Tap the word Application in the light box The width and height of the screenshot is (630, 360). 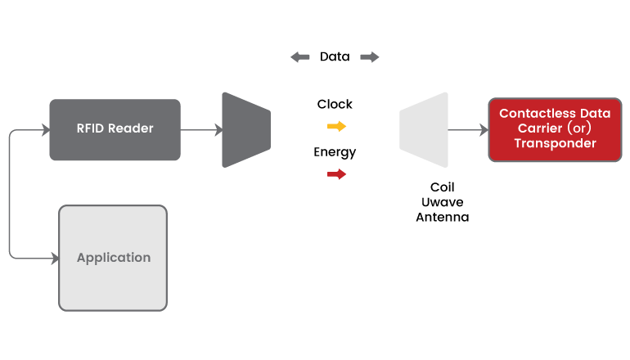(x=114, y=258)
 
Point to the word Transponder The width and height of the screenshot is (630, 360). (x=555, y=143)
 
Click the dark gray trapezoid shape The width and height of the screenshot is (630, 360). (x=245, y=129)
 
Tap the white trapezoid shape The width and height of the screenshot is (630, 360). (x=425, y=129)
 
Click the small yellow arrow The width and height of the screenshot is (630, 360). (x=336, y=126)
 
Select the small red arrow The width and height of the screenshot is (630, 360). (x=336, y=174)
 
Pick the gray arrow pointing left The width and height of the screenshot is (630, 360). (x=300, y=57)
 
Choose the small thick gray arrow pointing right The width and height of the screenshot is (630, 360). (x=370, y=57)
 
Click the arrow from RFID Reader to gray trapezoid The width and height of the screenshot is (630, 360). (x=200, y=129)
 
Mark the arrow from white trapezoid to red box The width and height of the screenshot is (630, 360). (x=467, y=129)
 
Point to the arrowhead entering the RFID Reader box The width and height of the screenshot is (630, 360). (x=44, y=129)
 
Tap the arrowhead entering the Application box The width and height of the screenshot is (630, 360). (x=54, y=258)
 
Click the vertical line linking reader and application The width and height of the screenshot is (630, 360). (x=9, y=194)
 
